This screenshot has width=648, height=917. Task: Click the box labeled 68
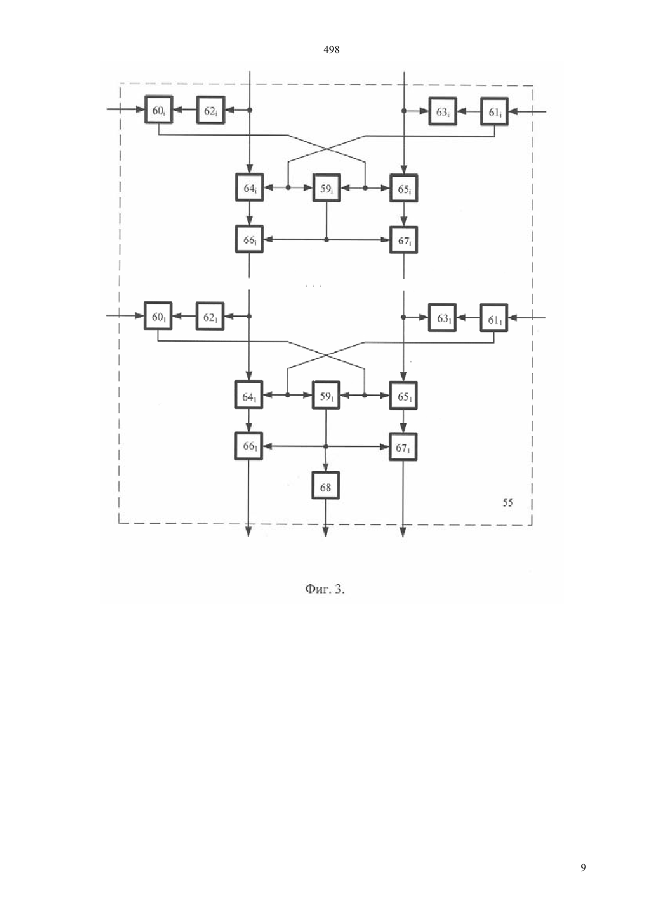click(325, 485)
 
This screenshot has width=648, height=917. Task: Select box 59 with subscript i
click(326, 188)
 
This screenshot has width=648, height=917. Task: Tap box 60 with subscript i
click(158, 110)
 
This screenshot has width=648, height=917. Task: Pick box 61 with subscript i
click(494, 111)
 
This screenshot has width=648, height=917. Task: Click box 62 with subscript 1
click(210, 316)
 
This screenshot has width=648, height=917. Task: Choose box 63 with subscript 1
click(442, 317)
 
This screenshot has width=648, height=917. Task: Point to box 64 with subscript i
click(249, 187)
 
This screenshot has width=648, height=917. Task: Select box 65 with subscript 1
click(403, 395)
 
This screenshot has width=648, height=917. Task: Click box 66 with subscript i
click(249, 239)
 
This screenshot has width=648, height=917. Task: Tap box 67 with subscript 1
click(403, 447)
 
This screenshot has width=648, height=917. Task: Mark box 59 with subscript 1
click(326, 395)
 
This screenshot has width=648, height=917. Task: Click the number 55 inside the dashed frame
click(508, 502)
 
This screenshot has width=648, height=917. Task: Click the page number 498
click(331, 50)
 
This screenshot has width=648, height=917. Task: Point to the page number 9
click(583, 867)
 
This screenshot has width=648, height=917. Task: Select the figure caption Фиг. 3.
click(325, 589)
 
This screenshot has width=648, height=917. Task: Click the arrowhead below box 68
click(326, 532)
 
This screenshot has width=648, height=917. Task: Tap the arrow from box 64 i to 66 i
click(249, 213)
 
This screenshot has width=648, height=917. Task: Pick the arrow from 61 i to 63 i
click(469, 111)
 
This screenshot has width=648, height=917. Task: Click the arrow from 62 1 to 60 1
click(184, 316)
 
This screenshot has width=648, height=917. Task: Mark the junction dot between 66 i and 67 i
click(326, 239)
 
